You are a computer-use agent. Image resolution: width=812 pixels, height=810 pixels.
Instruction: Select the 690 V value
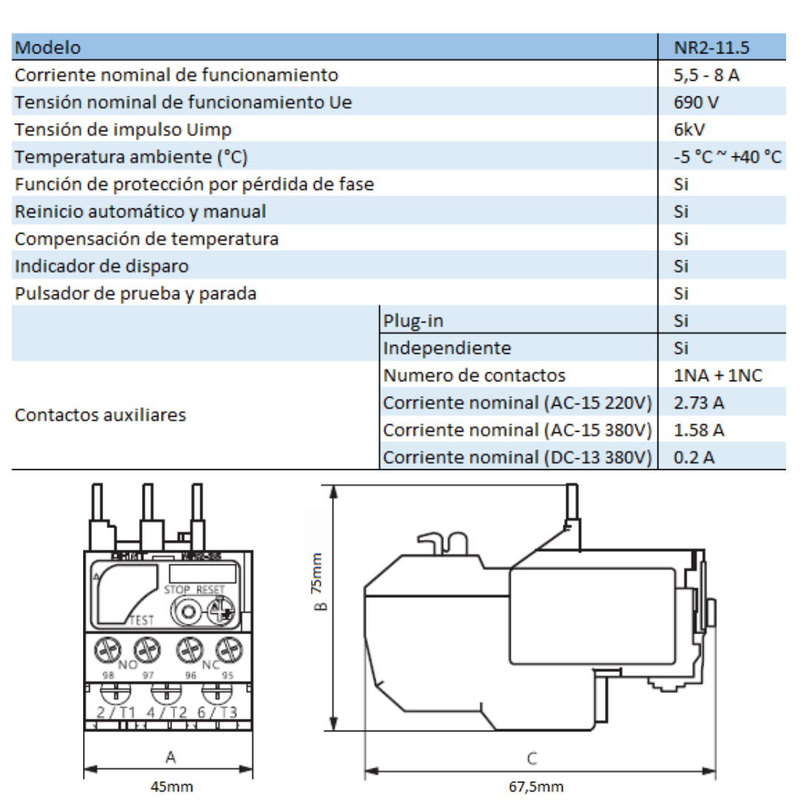tap(692, 102)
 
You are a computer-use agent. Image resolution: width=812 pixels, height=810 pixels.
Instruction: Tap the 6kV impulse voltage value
tap(689, 130)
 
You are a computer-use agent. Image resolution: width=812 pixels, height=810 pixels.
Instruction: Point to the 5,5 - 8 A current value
tap(705, 76)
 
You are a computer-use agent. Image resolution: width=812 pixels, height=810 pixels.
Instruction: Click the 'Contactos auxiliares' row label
tap(99, 415)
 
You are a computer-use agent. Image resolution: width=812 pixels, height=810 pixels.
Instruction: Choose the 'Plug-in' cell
tap(413, 321)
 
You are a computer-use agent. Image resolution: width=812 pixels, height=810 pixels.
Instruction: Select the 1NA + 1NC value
tap(718, 375)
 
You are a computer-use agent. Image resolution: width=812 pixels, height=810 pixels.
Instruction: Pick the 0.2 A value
tap(693, 457)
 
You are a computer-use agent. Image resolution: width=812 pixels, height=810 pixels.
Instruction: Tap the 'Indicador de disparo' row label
tap(102, 266)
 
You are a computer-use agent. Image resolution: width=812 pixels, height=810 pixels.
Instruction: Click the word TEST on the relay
tap(141, 620)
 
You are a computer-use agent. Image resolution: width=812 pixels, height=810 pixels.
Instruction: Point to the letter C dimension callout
tap(532, 758)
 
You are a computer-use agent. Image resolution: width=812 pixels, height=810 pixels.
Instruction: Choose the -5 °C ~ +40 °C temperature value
tap(726, 157)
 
